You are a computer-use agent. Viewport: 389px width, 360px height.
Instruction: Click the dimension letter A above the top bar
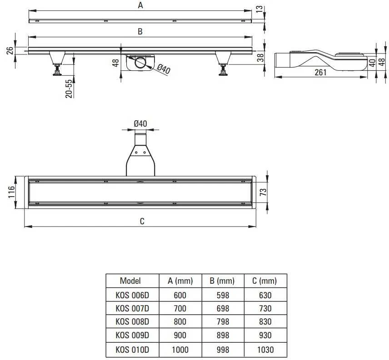click(140, 5)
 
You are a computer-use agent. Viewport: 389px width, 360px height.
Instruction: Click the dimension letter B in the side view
click(140, 31)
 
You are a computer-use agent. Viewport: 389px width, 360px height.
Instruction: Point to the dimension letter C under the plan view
click(142, 221)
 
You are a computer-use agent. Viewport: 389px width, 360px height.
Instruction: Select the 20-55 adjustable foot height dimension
click(69, 89)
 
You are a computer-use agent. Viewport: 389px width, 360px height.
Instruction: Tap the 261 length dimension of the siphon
click(320, 72)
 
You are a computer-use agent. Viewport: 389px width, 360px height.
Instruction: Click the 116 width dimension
click(11, 192)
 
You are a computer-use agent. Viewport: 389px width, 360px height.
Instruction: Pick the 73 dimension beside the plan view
click(263, 192)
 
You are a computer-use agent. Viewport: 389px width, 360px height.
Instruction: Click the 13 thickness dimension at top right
click(259, 9)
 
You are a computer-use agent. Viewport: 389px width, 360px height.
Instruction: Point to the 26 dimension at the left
click(10, 50)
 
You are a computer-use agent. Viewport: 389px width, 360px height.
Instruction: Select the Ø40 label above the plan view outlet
click(140, 123)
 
